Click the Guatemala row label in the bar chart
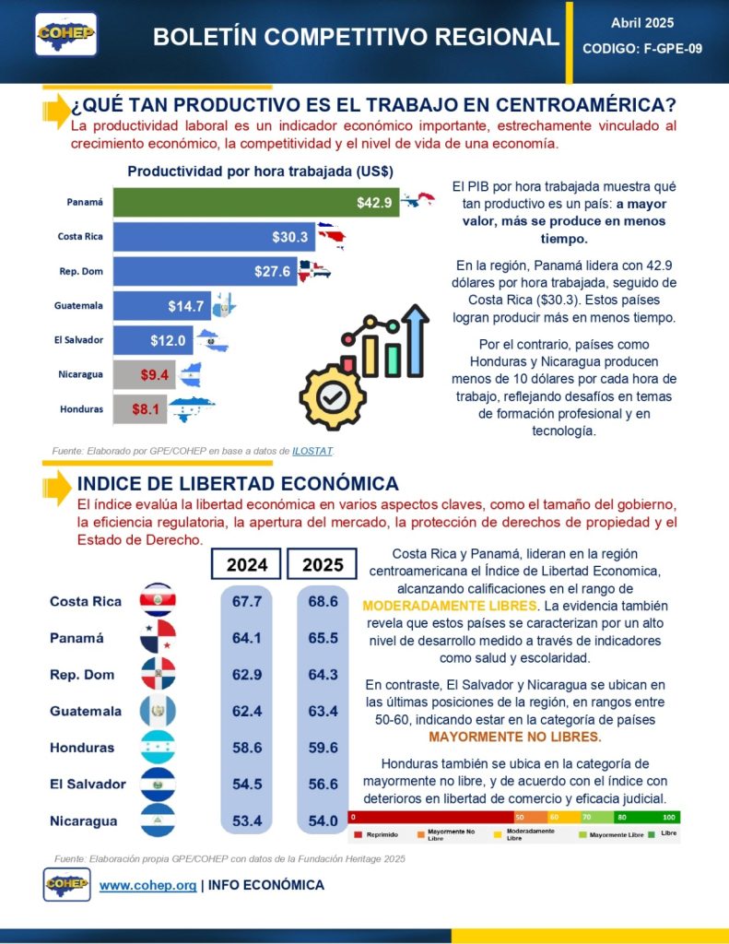click(78, 305)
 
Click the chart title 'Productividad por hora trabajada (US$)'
click(261, 171)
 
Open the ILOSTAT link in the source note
click(312, 451)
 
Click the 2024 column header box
click(246, 564)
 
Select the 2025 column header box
click(323, 564)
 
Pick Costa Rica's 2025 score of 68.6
click(323, 601)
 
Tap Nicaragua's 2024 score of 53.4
click(247, 820)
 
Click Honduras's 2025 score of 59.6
click(323, 748)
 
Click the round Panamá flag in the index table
click(158, 637)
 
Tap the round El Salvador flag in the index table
click(158, 784)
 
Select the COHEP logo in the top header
click(66, 33)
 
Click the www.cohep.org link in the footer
click(147, 885)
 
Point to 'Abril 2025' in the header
click(642, 22)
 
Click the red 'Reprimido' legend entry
click(376, 834)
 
